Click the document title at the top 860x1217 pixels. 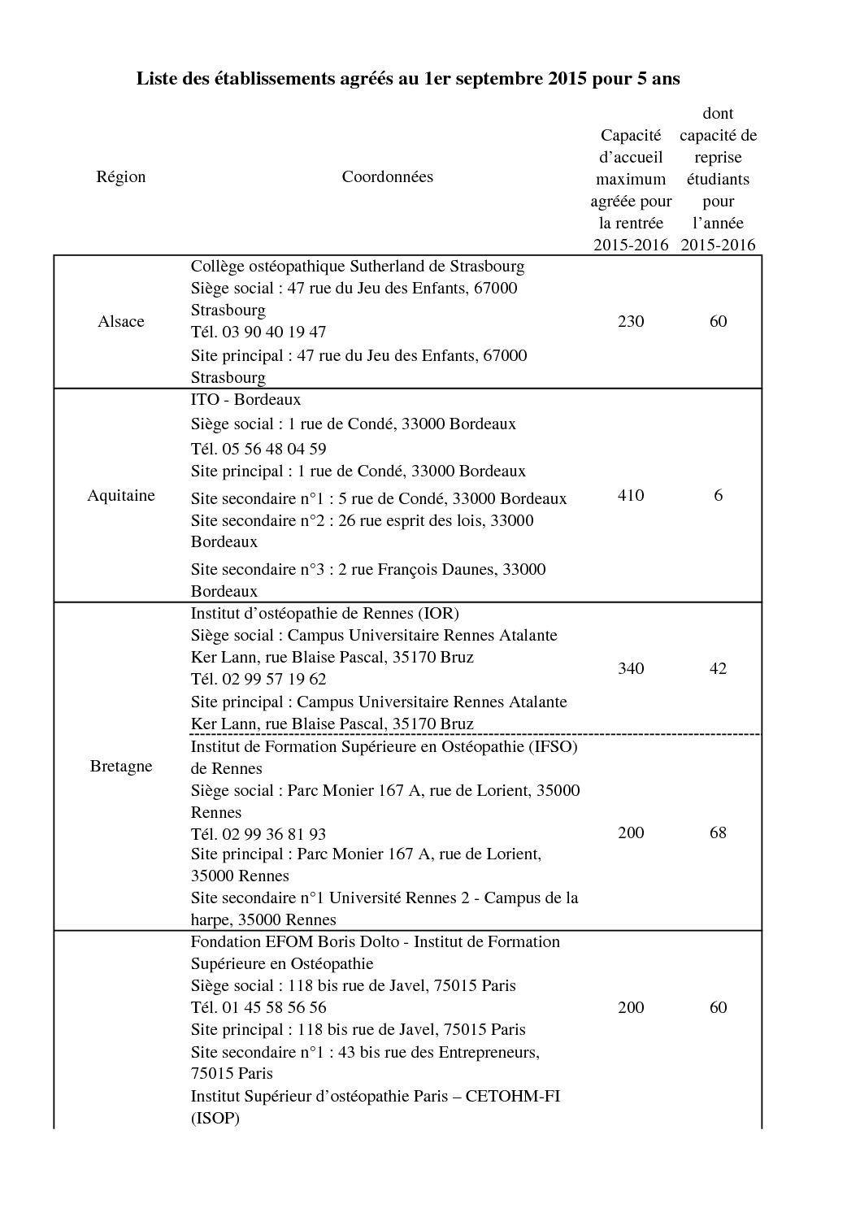point(407,79)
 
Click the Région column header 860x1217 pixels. point(120,176)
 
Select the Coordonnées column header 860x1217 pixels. point(387,176)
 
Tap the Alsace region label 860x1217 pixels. point(120,321)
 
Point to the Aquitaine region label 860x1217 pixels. point(120,495)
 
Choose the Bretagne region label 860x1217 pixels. point(120,766)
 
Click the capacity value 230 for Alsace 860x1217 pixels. point(631,321)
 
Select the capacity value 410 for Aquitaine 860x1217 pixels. point(631,495)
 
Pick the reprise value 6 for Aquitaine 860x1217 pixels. point(718,495)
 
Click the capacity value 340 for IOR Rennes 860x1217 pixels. point(631,668)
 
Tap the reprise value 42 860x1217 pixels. point(718,668)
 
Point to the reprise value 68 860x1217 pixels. point(718,832)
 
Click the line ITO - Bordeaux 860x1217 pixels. point(245,399)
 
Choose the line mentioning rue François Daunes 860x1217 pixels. point(367,569)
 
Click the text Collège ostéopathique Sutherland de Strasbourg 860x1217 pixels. point(357,266)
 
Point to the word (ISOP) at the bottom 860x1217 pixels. point(215,1118)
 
